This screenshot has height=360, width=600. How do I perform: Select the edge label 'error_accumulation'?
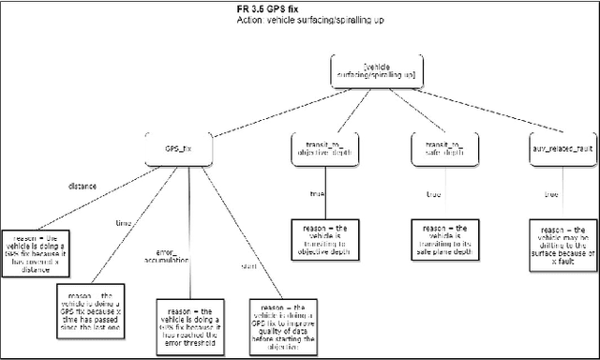click(167, 258)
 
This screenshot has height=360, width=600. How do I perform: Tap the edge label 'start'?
click(222, 267)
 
